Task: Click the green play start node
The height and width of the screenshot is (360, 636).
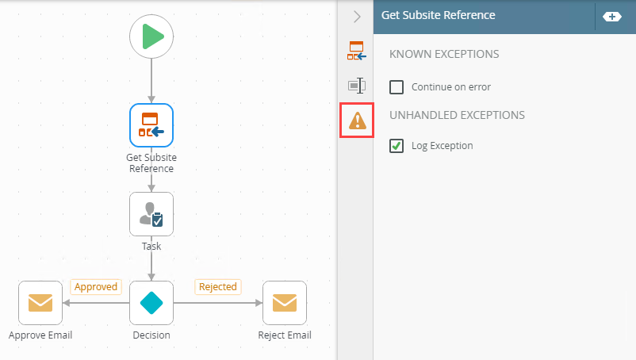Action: pos(151,36)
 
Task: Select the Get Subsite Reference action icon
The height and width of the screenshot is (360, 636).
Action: pos(151,125)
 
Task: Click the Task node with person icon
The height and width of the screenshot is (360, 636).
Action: pos(151,214)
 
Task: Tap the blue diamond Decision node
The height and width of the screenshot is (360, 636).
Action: pos(151,303)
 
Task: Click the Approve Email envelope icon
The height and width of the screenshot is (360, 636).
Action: pos(40,303)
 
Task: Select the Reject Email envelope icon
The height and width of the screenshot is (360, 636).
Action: pos(285,303)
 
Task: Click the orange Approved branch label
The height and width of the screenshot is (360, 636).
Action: pos(96,286)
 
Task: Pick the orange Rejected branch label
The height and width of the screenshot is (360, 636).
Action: pos(218,286)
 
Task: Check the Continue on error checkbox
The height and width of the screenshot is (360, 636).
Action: pos(397,87)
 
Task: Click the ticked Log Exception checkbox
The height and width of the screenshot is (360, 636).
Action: pos(397,146)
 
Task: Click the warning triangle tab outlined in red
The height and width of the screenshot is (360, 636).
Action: pos(358,121)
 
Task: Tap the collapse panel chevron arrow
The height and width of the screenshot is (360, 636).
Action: pos(357,16)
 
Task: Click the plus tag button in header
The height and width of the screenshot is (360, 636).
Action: pos(612,16)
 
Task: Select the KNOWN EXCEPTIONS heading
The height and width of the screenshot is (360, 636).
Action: pos(444,55)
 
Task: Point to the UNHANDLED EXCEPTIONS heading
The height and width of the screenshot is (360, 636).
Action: pos(457,115)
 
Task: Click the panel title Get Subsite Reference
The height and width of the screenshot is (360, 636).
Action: pos(438,15)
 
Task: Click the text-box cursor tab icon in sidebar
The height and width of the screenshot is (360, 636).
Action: pos(356,86)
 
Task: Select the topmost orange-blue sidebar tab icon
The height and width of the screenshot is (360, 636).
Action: pos(356,51)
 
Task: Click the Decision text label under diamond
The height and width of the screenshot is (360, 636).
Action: pos(151,335)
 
